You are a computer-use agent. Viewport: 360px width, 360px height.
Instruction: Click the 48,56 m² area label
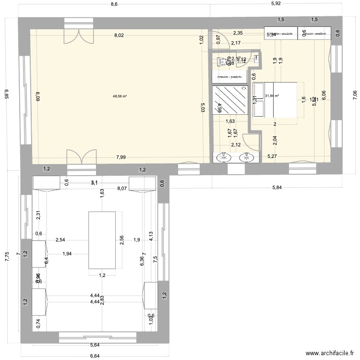pos(120,96)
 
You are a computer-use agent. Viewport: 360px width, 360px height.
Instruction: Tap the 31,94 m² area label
pos(272,96)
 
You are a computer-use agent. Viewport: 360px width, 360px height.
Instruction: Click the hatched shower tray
pos(230,100)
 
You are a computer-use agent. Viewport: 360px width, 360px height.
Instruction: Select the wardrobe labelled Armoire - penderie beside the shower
pos(230,76)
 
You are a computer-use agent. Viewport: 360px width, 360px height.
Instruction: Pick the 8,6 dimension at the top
pos(114,4)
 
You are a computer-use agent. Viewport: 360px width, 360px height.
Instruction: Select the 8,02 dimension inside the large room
pos(119,35)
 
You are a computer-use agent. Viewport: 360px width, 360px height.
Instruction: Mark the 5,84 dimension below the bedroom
pos(277,188)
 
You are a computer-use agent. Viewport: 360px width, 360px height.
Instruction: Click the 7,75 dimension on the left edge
pos(7,257)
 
